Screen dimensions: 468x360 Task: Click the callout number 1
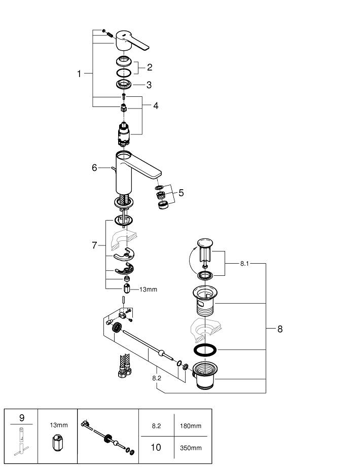coord(79,74)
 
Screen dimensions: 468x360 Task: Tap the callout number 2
coord(150,67)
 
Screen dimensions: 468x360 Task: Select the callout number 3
coord(150,85)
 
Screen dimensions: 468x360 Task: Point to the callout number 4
coord(156,105)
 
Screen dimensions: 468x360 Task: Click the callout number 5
coord(181,193)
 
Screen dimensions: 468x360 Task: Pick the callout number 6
coord(94,167)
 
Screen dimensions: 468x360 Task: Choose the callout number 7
coord(94,245)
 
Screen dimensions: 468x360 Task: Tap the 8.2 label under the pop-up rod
coord(157,378)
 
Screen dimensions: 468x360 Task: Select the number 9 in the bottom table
coord(22,418)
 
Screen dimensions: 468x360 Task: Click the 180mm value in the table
coord(191,426)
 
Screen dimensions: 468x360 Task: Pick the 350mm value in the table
coord(191,448)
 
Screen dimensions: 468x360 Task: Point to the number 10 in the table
coord(156,447)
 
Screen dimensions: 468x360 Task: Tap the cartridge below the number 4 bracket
coord(124,134)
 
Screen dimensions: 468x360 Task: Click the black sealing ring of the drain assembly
coord(205,350)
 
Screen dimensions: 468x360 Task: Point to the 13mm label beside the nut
coord(149,290)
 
